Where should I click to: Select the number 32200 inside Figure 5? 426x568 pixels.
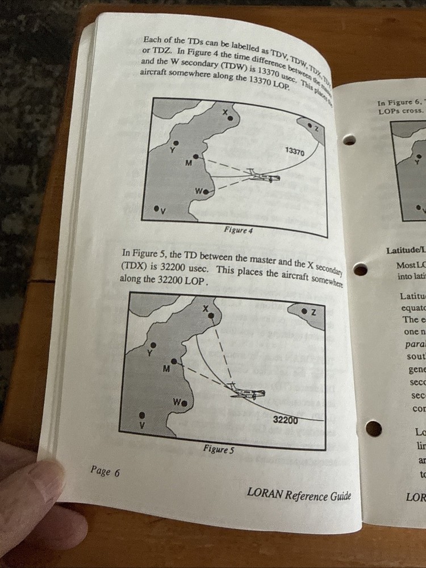(285, 420)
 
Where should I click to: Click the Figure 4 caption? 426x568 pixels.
(238, 231)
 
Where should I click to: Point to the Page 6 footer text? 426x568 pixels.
(105, 471)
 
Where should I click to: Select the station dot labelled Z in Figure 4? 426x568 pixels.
(309, 125)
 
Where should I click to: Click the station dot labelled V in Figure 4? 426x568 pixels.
(156, 208)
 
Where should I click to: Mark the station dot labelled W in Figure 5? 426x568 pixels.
(185, 403)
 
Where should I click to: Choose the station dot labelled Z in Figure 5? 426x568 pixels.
(304, 311)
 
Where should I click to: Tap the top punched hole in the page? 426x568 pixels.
(350, 139)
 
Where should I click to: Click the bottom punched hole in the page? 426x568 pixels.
(373, 428)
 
